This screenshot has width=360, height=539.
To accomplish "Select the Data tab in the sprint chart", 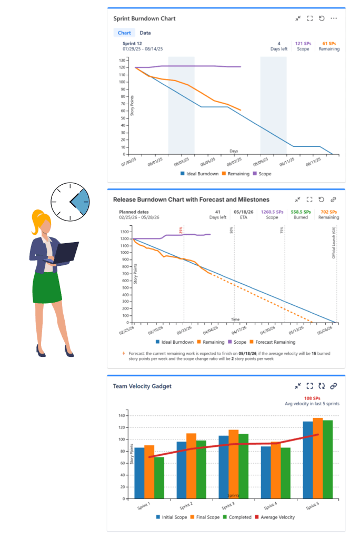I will coord(145,33).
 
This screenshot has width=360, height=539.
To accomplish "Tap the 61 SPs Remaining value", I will coord(329,44).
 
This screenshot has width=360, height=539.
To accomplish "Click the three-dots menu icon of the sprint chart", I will coord(334,18).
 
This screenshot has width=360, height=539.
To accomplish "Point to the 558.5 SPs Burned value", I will coord(301,212).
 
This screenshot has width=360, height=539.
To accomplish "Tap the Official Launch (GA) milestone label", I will coord(333,242).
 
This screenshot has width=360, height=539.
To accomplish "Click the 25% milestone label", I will coord(181,230).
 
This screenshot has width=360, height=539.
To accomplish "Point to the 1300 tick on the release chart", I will coord(124,232).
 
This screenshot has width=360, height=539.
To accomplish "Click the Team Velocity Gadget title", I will coord(142,386).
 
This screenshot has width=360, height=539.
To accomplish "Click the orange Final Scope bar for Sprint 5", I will coord(317,458).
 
